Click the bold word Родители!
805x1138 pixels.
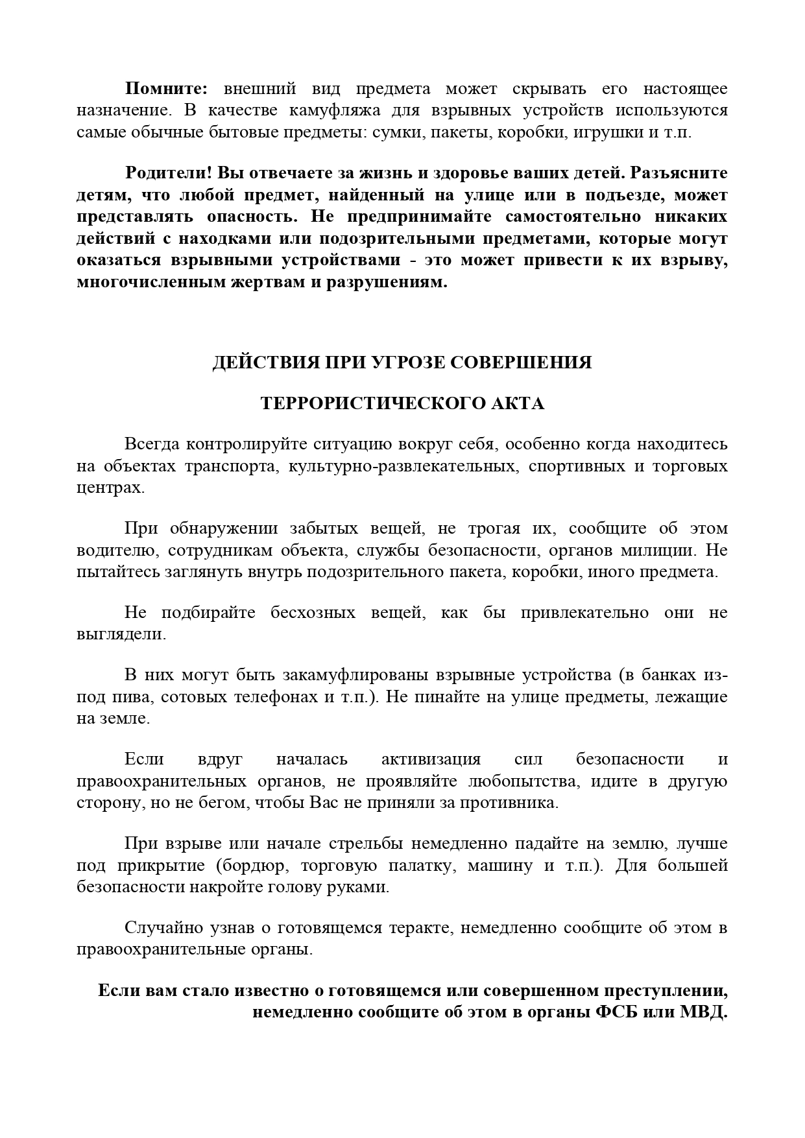[169, 174]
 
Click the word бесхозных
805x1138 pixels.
[313, 613]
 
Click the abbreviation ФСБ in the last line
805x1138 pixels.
[614, 1012]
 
